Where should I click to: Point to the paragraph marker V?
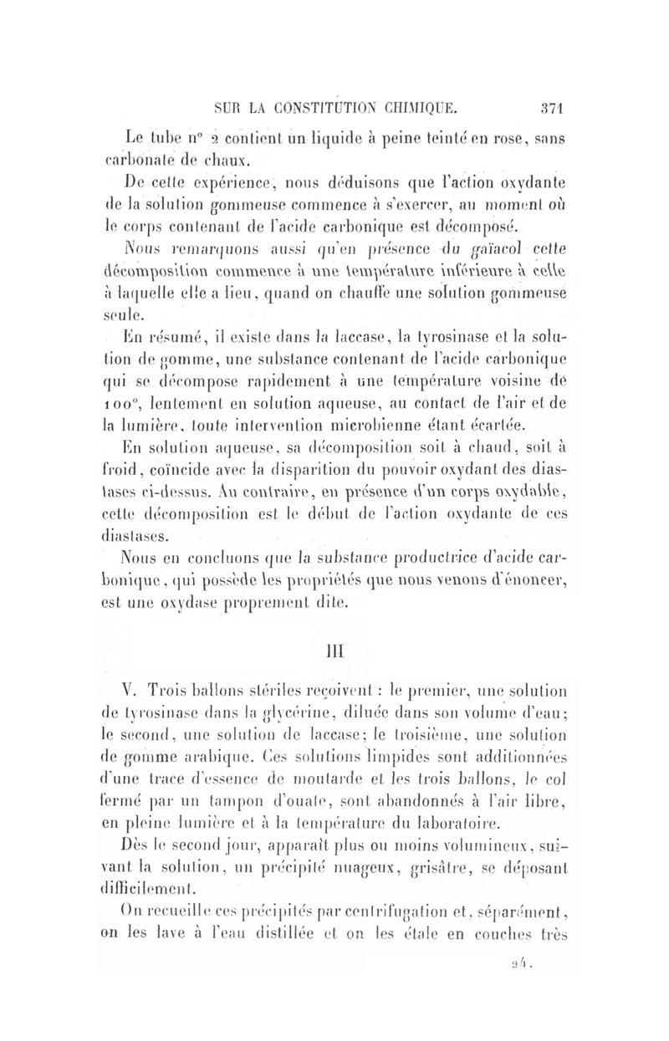128,692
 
